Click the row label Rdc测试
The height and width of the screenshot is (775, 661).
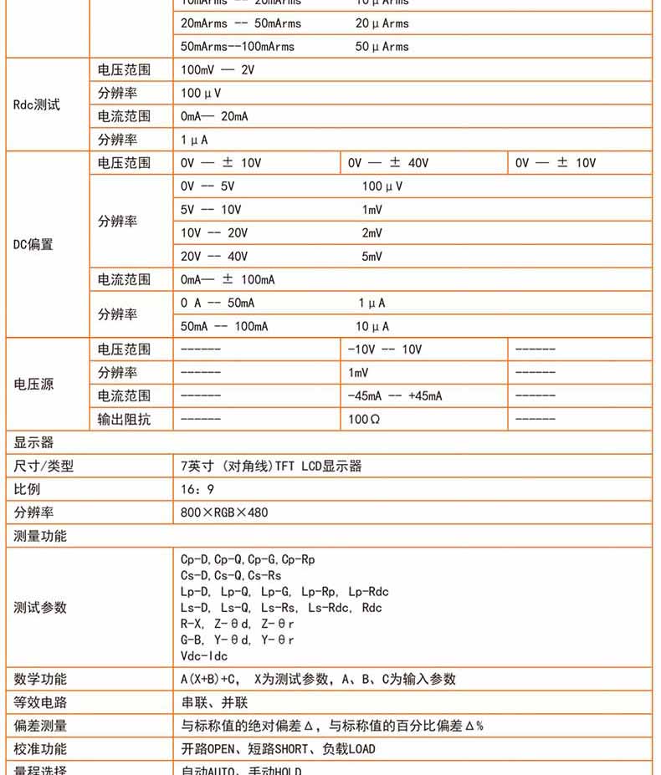pos(37,105)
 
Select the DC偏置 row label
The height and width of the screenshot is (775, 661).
pos(33,245)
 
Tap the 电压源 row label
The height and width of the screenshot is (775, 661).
pos(33,385)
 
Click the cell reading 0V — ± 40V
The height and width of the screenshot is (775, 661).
pos(388,163)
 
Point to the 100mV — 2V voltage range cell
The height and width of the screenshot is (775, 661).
pos(217,70)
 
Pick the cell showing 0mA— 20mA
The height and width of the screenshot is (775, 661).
pos(214,116)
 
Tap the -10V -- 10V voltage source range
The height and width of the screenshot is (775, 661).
pos(385,349)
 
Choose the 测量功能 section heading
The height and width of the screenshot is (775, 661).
pos(40,536)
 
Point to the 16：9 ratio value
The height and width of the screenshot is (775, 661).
pos(197,489)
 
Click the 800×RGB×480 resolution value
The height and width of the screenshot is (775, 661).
pos(224,512)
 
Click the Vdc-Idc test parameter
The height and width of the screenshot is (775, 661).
pos(204,656)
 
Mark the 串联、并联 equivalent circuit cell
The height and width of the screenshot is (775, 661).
pos(214,703)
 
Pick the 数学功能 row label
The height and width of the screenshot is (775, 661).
pos(40,680)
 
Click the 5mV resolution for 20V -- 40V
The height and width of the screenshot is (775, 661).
pos(371,257)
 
